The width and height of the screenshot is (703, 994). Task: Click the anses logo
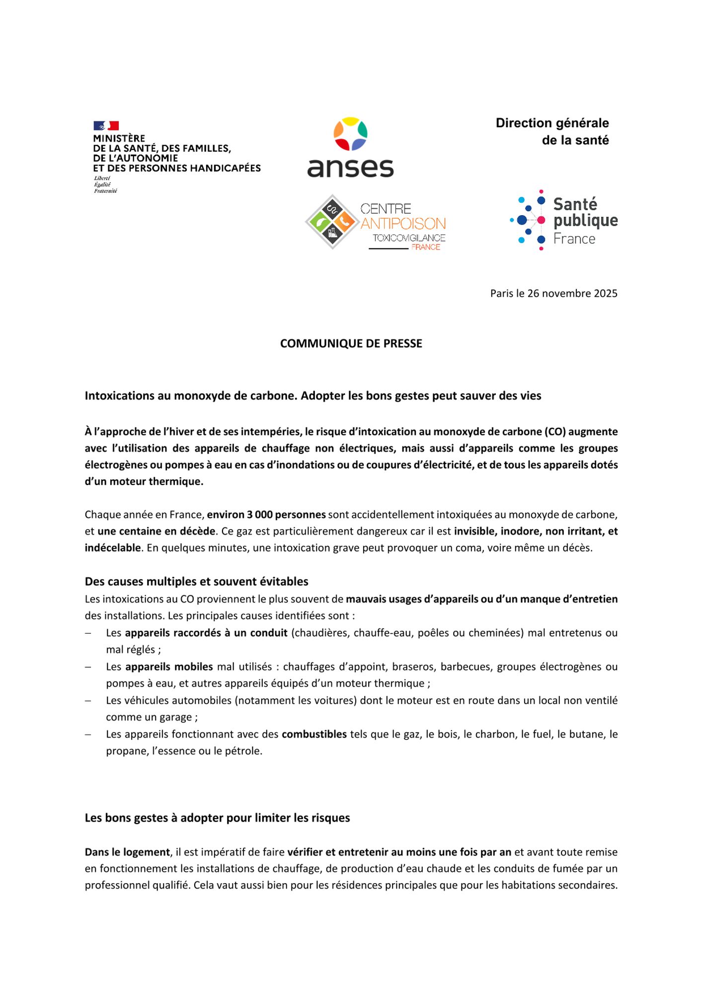(x=351, y=148)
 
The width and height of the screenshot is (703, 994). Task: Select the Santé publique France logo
(x=564, y=220)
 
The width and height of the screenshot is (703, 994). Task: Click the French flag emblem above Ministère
(x=106, y=125)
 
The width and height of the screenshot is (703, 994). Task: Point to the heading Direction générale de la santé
(x=552, y=132)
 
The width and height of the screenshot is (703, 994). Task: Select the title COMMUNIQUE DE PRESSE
(x=351, y=343)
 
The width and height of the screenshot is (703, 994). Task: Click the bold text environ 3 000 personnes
(x=266, y=514)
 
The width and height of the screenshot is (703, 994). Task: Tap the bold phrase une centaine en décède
(x=156, y=531)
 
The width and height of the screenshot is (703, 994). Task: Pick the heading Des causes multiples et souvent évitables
(x=196, y=581)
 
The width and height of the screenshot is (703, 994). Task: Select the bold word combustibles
(x=314, y=734)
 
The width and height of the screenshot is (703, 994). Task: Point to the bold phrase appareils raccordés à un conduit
(x=206, y=633)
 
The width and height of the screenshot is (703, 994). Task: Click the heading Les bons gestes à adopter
(x=217, y=818)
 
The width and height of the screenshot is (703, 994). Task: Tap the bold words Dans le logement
(x=127, y=852)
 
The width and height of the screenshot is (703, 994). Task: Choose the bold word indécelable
(x=113, y=548)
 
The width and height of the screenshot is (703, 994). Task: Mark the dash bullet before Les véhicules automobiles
(x=88, y=701)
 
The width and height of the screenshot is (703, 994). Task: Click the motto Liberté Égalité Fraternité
(x=105, y=184)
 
